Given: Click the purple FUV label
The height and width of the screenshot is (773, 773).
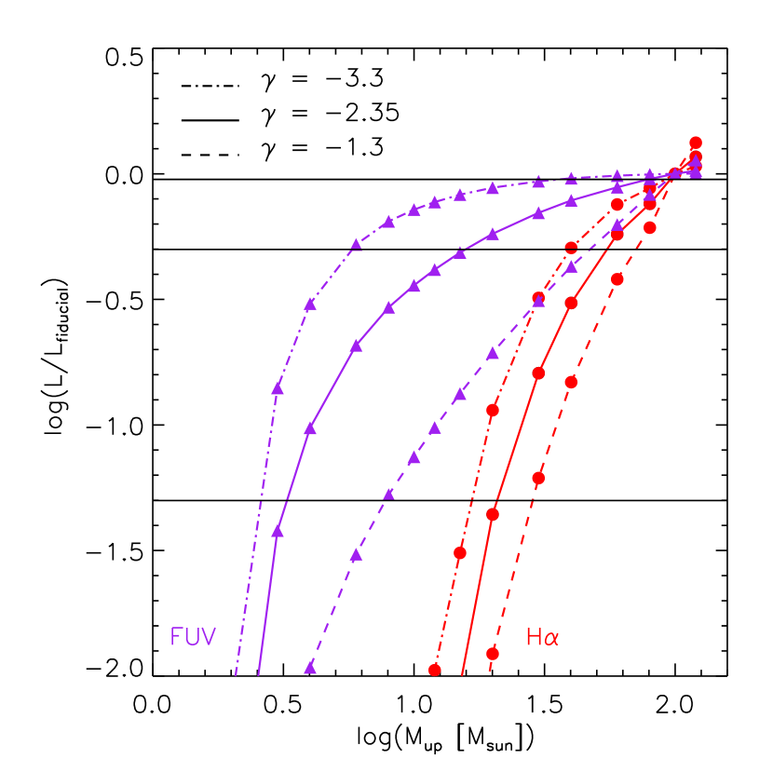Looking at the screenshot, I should (193, 637).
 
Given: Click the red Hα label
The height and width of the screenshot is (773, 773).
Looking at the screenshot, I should (542, 637).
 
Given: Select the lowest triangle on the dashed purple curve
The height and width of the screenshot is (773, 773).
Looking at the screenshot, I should (310, 668).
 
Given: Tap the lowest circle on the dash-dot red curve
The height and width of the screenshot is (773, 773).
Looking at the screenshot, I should (434, 670).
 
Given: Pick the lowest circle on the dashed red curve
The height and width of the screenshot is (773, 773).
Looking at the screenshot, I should (493, 654).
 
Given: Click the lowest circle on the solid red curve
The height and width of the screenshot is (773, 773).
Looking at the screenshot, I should (493, 514).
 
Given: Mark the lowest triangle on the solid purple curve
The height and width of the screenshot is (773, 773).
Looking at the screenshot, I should (277, 531).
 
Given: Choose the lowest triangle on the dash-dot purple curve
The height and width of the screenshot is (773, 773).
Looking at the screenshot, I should (277, 388).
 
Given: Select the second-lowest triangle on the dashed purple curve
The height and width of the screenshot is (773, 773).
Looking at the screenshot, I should (356, 555).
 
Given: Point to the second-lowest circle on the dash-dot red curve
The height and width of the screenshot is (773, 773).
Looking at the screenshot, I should (460, 552).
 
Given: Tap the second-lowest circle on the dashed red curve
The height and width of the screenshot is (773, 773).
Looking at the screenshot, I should (538, 478).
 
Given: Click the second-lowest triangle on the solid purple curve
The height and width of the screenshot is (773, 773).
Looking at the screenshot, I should (310, 428).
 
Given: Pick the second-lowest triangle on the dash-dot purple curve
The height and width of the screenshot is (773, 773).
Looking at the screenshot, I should (310, 305).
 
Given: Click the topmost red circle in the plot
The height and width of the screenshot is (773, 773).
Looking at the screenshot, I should (696, 142).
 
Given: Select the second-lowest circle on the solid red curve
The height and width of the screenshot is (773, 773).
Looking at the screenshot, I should (538, 373).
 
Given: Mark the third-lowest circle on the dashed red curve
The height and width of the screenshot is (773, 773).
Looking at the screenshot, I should (571, 382).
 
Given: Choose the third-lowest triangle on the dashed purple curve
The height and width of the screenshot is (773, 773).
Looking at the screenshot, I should (389, 494).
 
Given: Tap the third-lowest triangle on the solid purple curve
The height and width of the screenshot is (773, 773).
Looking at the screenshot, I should (356, 346).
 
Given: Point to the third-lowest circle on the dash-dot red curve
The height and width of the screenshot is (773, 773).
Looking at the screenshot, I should (493, 410).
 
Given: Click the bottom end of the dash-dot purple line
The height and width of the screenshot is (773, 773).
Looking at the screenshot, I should (236, 673).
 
